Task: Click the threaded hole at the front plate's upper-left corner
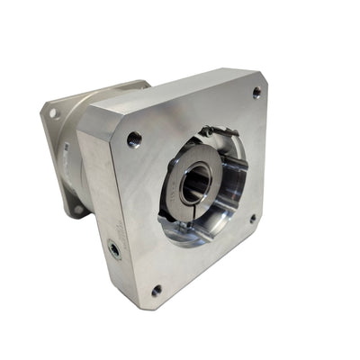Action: (x=134, y=139)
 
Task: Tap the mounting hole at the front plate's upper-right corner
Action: (x=256, y=92)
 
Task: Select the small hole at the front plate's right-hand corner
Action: (x=252, y=217)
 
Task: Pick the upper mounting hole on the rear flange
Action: (x=55, y=114)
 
